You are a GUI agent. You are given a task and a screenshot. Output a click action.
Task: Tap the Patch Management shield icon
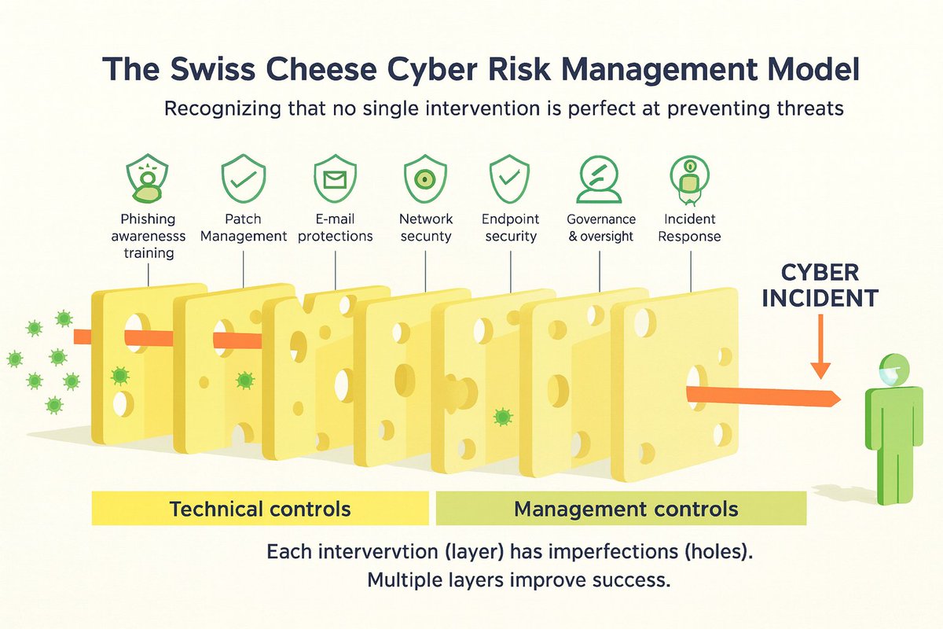pos(244,178)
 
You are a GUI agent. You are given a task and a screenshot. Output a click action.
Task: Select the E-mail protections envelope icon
pos(335,178)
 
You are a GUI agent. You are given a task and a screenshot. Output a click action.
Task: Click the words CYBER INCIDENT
pos(820,286)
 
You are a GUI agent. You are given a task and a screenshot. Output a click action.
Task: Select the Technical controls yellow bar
pos(260,509)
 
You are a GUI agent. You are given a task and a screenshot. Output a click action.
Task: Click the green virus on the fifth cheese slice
pos(501,417)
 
